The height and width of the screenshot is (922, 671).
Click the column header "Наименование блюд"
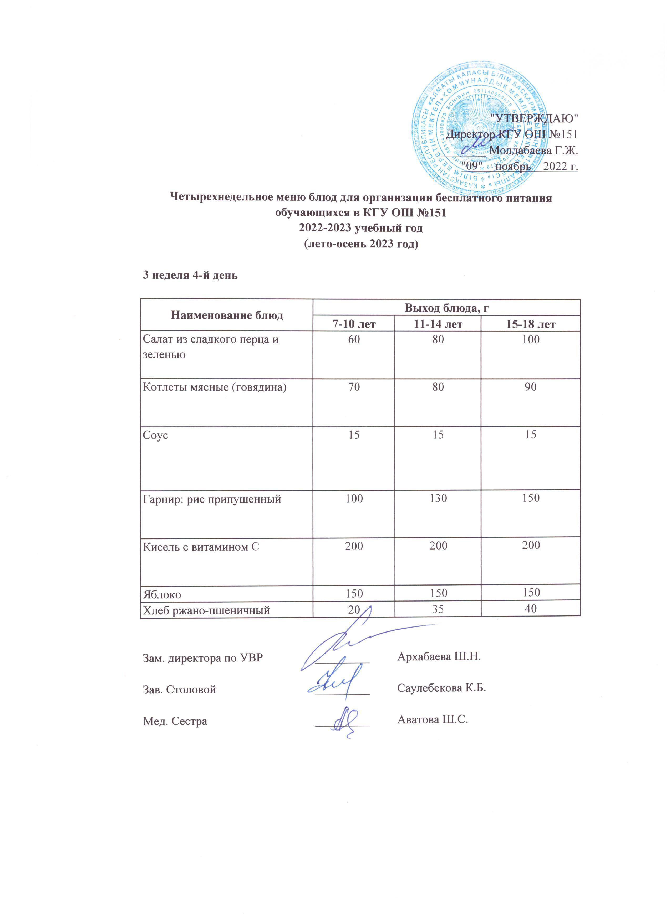tap(227, 315)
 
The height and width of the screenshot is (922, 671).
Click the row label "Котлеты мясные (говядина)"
tap(215, 387)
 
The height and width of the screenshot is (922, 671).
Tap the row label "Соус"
tap(155, 435)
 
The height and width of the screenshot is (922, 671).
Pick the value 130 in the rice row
tap(438, 498)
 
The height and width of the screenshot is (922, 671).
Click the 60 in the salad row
tap(354, 339)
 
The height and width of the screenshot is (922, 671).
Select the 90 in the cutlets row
tap(530, 387)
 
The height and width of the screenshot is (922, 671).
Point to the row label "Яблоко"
tap(162, 594)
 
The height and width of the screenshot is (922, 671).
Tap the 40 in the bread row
tap(530, 609)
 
